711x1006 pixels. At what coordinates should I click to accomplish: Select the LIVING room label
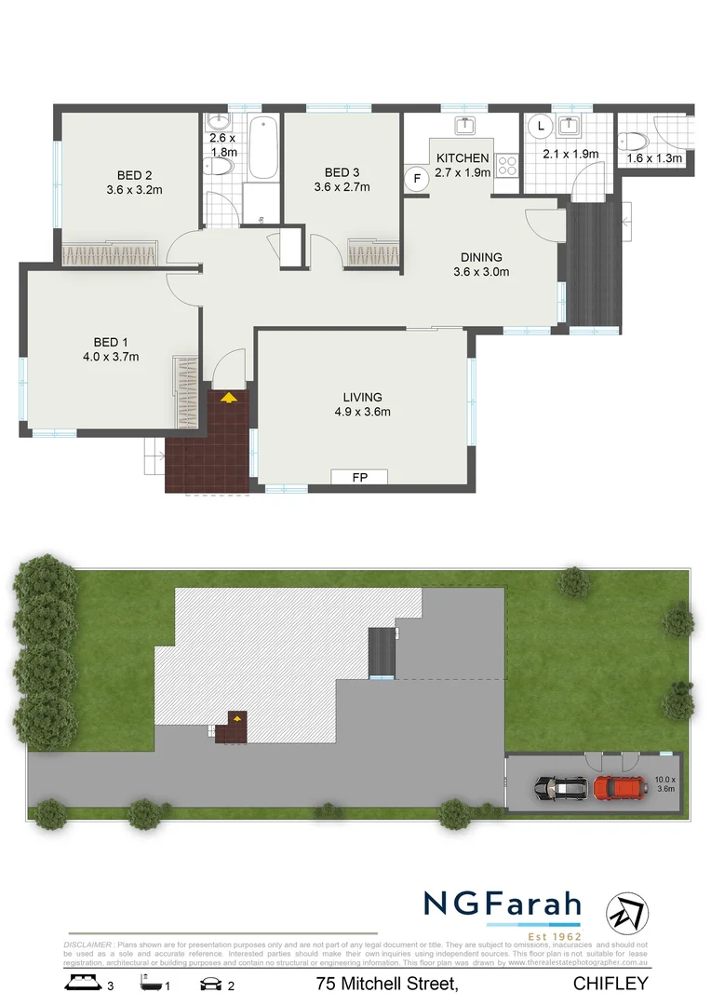(x=362, y=397)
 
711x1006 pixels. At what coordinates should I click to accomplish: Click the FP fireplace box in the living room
(x=358, y=478)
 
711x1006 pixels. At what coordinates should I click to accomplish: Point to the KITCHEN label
(x=463, y=158)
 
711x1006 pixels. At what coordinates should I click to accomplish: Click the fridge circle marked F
(x=417, y=177)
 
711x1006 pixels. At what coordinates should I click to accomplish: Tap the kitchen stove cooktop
(x=507, y=166)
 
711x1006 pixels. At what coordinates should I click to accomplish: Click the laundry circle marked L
(x=541, y=126)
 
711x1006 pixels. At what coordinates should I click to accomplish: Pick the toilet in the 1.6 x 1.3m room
(x=635, y=141)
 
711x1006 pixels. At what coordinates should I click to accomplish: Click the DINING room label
(x=481, y=257)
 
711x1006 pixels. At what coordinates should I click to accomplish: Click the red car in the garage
(x=621, y=789)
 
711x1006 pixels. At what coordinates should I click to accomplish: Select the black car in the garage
(x=561, y=789)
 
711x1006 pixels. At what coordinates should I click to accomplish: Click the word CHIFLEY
(x=610, y=984)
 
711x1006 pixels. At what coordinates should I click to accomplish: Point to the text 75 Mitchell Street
(x=386, y=984)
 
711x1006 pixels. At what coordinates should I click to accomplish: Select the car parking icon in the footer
(x=210, y=983)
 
